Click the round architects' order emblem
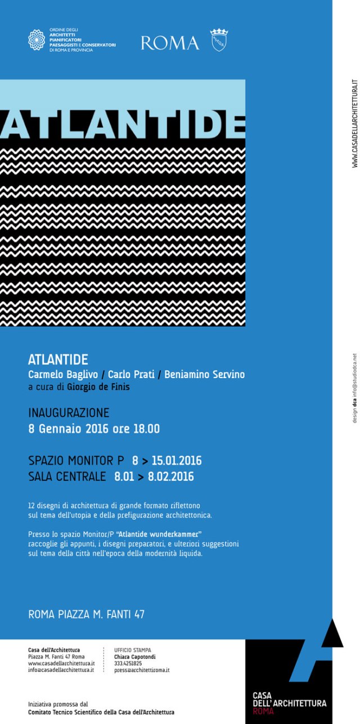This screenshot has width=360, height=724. pyautogui.click(x=37, y=40)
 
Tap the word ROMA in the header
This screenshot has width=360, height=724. pyautogui.click(x=170, y=43)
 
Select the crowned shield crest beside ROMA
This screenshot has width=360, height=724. pyautogui.click(x=219, y=40)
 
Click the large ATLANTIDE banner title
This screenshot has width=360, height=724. pyautogui.click(x=123, y=120)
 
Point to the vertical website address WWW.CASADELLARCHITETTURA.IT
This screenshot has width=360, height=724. pyautogui.click(x=354, y=124)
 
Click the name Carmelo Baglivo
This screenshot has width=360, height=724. pyautogui.click(x=63, y=375)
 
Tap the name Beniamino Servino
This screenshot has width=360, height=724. pyautogui.click(x=205, y=375)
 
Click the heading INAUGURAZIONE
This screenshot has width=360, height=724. pyautogui.click(x=69, y=413)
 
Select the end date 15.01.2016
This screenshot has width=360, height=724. pyautogui.click(x=176, y=461)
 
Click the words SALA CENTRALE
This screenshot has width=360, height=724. pyautogui.click(x=67, y=477)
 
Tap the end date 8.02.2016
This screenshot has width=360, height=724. pyautogui.click(x=171, y=477)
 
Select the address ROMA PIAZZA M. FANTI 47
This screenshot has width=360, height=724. pyautogui.click(x=86, y=614)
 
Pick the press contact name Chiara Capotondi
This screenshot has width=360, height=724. pyautogui.click(x=135, y=656)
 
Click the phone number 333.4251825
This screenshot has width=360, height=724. pyautogui.click(x=128, y=663)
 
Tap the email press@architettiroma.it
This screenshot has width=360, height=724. pyautogui.click(x=142, y=670)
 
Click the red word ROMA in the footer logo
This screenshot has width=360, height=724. pyautogui.click(x=263, y=711)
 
